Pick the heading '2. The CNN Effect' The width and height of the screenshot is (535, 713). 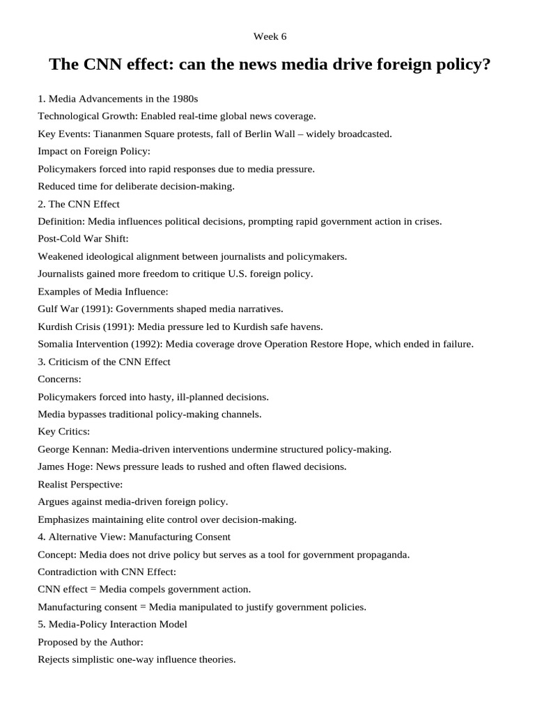[79, 204]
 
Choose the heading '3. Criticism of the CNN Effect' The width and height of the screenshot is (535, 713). [104, 361]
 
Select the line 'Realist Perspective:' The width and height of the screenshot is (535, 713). [80, 484]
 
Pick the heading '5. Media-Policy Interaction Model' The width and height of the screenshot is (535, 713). [112, 625]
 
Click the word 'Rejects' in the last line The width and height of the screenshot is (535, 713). [55, 659]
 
